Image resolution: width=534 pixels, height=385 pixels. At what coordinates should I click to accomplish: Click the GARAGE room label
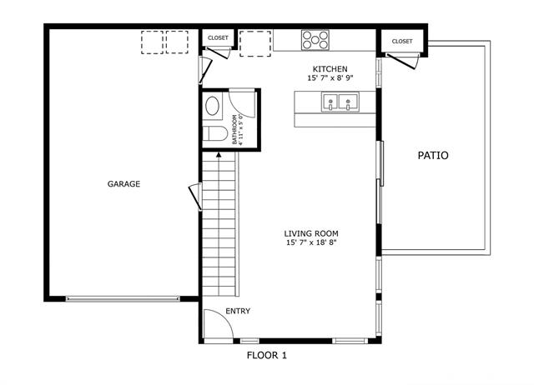(x=123, y=184)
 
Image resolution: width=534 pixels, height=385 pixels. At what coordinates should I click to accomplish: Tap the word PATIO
(x=433, y=156)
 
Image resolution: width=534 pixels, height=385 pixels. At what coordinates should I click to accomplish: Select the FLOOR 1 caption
(x=267, y=355)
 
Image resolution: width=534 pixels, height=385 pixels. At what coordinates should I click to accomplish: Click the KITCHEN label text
(x=330, y=69)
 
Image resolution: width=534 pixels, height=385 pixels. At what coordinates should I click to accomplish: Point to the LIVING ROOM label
(x=311, y=233)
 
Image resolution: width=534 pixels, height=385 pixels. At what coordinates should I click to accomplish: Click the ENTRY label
(x=238, y=311)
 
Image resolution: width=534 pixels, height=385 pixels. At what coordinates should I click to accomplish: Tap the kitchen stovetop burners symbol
(x=315, y=40)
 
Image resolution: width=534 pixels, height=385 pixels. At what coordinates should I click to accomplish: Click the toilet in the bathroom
(x=215, y=133)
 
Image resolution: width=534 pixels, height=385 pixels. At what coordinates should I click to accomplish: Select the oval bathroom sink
(x=212, y=106)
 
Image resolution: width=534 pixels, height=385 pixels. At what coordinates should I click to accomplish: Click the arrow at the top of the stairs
(x=219, y=155)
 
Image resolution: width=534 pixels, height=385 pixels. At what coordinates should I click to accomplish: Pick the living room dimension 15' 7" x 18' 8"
(x=311, y=242)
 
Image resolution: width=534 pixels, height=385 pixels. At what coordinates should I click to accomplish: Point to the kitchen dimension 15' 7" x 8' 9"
(x=330, y=77)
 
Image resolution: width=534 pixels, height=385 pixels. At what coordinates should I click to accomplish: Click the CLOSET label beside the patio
(x=402, y=41)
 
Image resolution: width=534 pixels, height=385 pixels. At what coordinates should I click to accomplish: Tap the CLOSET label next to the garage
(x=218, y=37)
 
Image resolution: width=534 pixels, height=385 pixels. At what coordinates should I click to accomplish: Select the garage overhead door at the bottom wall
(x=123, y=299)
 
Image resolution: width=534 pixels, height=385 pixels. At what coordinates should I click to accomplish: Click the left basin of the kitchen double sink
(x=330, y=102)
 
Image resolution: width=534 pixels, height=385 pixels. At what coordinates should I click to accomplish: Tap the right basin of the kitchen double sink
(x=348, y=102)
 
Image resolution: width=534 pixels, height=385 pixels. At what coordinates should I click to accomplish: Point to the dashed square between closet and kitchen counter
(x=255, y=44)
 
